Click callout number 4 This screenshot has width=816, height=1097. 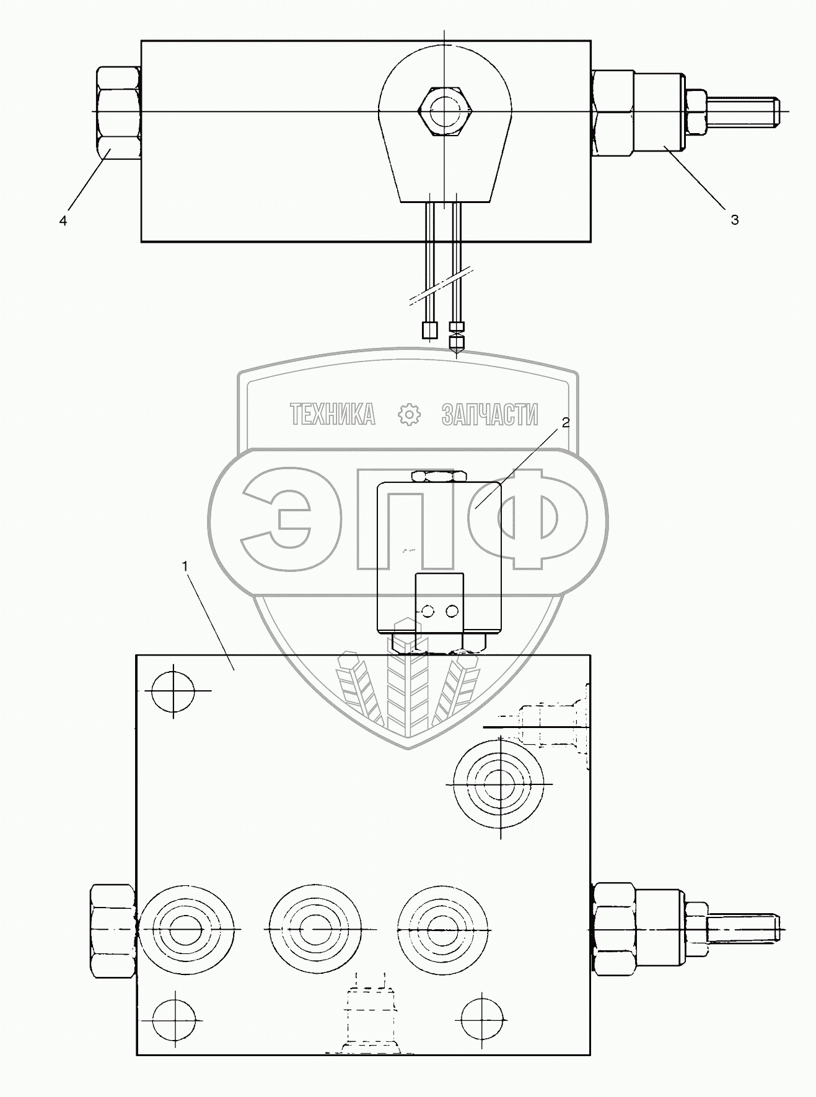pos(63,220)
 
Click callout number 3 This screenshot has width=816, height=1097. pos(734,220)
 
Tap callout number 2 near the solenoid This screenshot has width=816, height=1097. pos(565,423)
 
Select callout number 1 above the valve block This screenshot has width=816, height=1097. pos(185,565)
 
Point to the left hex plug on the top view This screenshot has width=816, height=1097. pos(118,112)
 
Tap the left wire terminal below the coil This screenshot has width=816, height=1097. pos(429,331)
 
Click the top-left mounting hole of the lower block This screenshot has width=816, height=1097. pos(173,691)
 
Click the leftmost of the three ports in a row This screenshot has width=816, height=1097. pos(188,930)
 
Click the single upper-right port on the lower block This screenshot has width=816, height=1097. pos(499,784)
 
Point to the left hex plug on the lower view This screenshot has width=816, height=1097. pos(113,930)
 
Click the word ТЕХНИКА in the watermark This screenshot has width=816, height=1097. pos(332,414)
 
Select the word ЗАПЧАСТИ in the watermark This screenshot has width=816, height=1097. pos(489,414)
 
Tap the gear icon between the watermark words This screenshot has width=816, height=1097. pos(409,414)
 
